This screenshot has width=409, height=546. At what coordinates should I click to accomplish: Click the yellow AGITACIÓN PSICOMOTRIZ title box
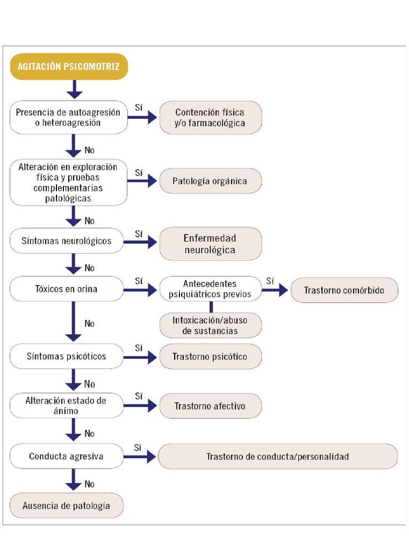(69, 67)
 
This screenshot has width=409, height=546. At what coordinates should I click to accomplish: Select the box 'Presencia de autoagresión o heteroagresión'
(69, 117)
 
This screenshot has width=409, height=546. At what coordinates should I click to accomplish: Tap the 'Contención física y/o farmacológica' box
(210, 117)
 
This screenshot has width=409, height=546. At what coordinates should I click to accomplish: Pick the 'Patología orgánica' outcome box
(210, 181)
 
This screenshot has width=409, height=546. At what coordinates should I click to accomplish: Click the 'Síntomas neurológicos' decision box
(67, 241)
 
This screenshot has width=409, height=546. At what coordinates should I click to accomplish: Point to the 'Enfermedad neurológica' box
(210, 244)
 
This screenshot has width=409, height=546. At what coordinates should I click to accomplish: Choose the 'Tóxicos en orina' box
(67, 290)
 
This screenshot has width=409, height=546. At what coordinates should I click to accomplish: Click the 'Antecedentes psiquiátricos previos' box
(210, 289)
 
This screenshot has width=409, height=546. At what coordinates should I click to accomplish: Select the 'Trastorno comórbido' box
(344, 290)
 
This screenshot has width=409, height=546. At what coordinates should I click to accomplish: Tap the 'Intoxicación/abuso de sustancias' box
(210, 325)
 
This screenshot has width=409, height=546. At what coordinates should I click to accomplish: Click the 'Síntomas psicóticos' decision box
(67, 356)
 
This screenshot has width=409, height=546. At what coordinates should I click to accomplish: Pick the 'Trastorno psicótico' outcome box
(210, 356)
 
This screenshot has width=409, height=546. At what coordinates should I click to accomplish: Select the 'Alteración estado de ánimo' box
(67, 406)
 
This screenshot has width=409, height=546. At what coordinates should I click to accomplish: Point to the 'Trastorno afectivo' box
(210, 406)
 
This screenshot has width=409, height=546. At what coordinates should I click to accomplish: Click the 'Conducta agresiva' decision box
(67, 456)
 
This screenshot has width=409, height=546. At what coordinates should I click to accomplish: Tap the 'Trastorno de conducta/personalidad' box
(277, 456)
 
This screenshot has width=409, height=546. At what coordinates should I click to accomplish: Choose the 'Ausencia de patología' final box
(67, 505)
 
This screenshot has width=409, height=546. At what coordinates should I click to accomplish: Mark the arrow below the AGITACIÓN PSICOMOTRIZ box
(75, 89)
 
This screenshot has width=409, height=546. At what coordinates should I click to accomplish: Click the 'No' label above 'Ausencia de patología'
(89, 484)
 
